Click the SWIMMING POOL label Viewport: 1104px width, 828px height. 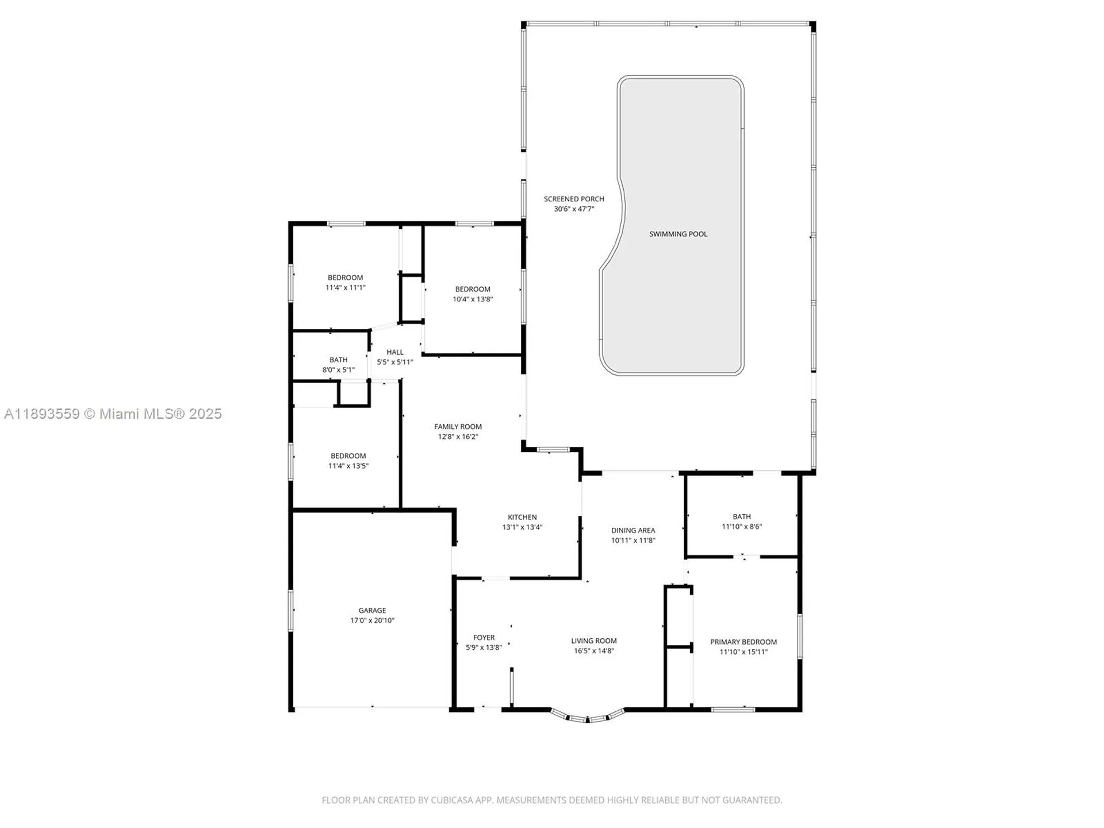click(678, 234)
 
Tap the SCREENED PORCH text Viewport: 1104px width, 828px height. click(574, 199)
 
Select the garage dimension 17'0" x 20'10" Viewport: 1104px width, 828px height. click(372, 620)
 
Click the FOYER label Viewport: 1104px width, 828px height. click(484, 637)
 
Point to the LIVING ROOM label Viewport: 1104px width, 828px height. click(593, 641)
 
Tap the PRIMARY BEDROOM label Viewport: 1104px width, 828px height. click(743, 642)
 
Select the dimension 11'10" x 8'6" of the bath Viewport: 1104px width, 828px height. click(742, 527)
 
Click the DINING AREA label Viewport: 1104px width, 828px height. click(632, 530)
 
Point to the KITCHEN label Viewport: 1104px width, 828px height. click(522, 517)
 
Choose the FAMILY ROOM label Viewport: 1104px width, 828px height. click(458, 427)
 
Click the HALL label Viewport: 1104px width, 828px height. click(394, 352)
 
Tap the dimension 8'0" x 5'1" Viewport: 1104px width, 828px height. click(338, 370)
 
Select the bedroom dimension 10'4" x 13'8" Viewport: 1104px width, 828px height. click(473, 299)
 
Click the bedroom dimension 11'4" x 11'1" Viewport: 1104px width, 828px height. click(345, 287)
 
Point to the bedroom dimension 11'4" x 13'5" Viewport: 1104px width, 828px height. click(348, 466)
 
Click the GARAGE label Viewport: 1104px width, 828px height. click(372, 610)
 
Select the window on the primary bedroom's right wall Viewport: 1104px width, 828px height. click(799, 636)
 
